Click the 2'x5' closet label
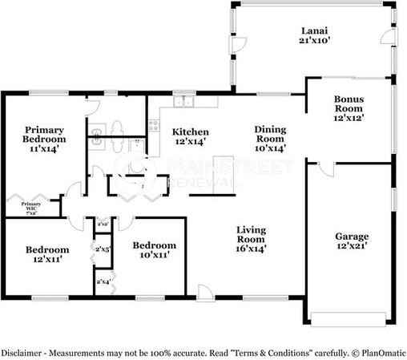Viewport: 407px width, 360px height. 103,250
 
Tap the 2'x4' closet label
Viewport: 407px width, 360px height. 103,281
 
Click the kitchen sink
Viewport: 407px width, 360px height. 185,103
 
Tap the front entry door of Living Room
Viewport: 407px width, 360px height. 205,293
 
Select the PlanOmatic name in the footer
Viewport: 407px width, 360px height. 380,352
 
